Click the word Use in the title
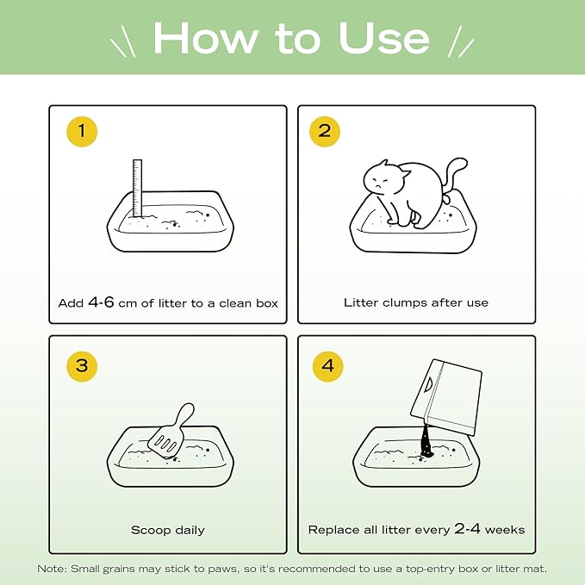[x=384, y=38]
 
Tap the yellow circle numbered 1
[x=82, y=132]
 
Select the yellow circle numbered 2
[x=325, y=131]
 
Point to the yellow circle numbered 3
[x=82, y=366]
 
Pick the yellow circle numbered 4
[x=327, y=366]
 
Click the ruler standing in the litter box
[x=137, y=188]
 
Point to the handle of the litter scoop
[x=185, y=414]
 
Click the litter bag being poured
[x=445, y=397]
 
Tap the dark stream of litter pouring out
[x=426, y=440]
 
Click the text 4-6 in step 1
[x=101, y=302]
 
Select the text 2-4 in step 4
[x=467, y=528]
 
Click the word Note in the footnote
[x=52, y=569]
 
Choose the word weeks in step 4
[x=505, y=530]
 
